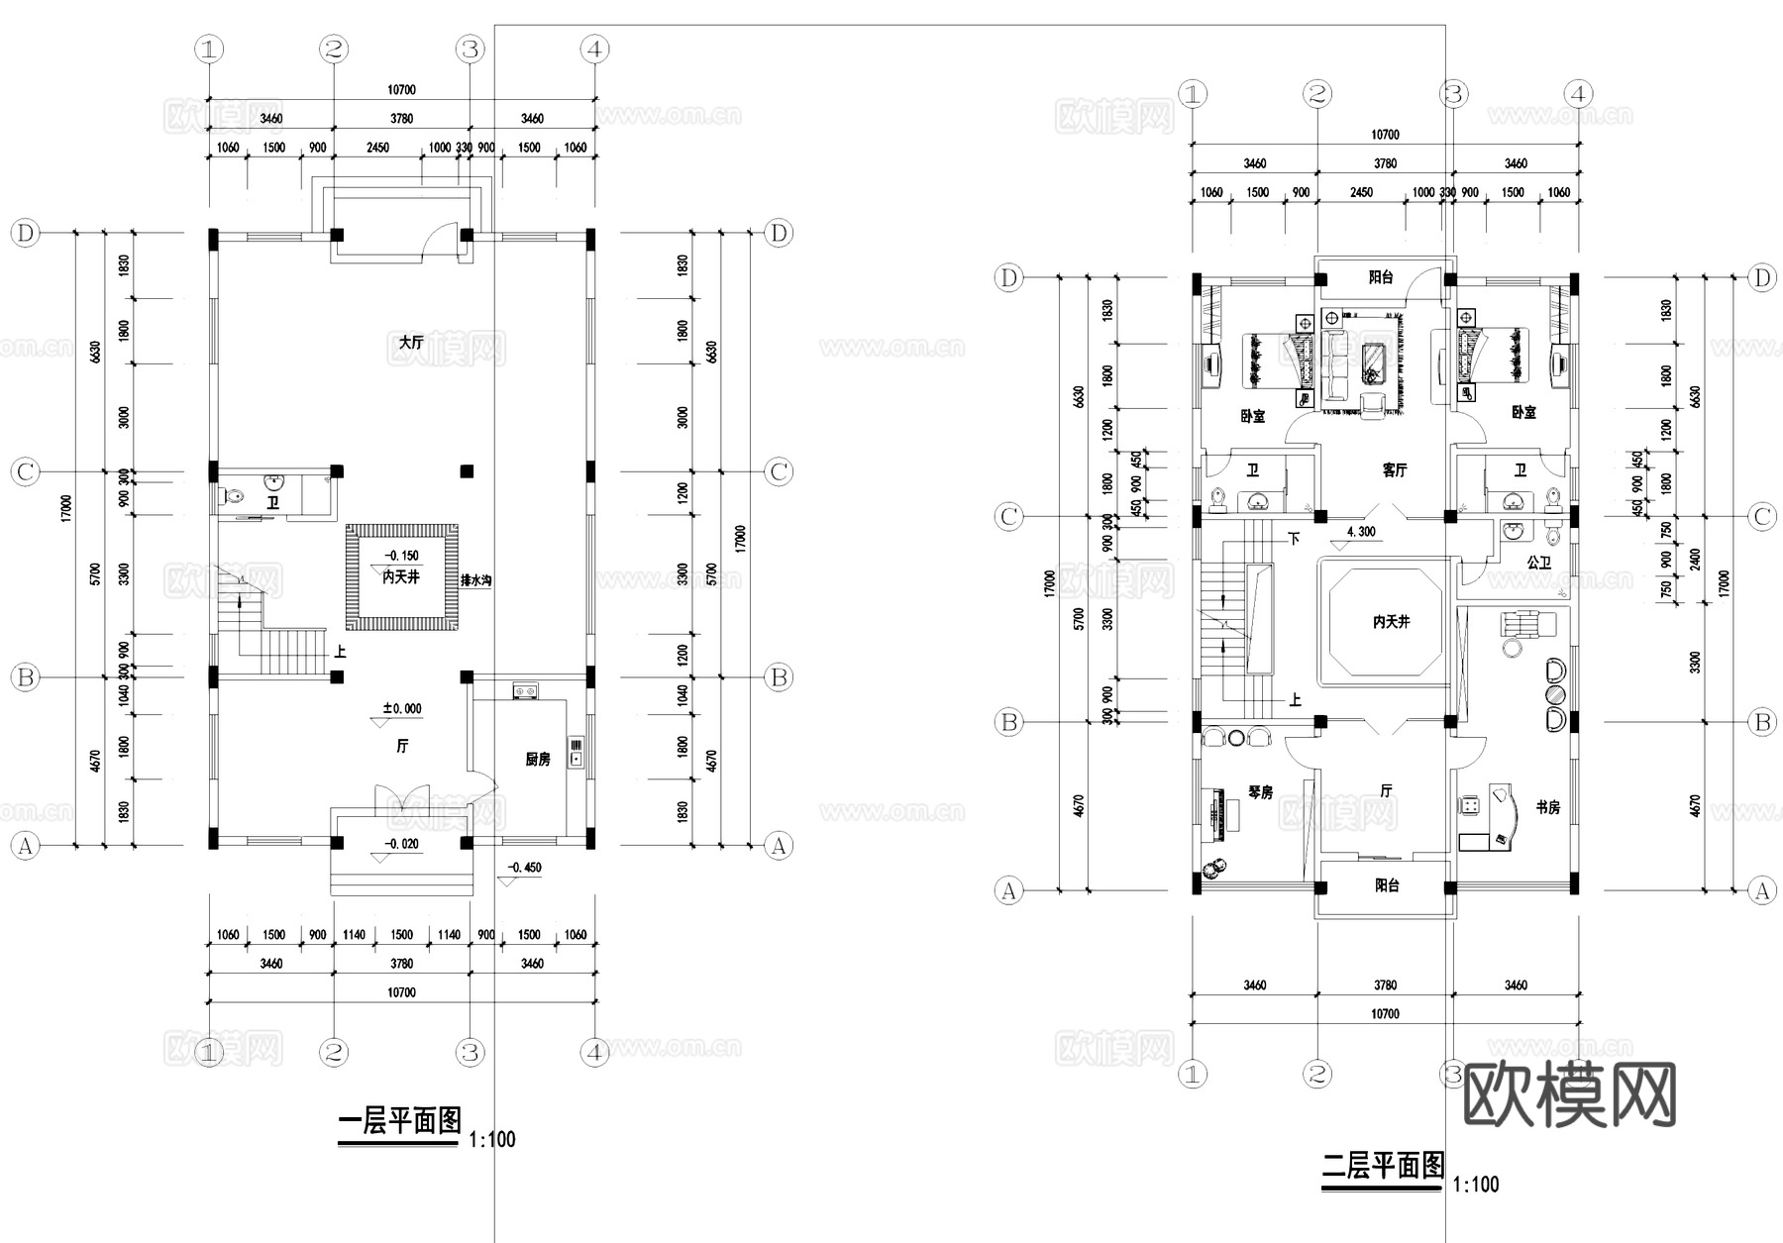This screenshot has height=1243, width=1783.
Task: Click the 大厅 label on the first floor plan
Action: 411,342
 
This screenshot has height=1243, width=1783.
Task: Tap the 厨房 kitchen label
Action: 537,760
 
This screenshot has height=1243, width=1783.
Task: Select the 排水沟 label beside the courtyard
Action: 475,580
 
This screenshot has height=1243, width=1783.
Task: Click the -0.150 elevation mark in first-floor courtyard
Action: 401,556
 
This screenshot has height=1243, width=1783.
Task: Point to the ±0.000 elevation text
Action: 402,708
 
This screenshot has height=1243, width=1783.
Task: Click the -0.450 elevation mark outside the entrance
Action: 524,868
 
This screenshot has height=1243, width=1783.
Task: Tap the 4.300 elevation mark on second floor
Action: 1361,532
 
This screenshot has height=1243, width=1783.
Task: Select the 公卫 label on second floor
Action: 1538,563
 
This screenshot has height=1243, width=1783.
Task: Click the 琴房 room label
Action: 1260,792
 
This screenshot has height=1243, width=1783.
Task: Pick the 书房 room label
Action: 1547,808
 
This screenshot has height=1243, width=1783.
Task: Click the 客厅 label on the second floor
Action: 1394,470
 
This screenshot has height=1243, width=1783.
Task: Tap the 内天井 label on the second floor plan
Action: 1391,622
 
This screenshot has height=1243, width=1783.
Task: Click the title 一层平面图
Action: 400,1121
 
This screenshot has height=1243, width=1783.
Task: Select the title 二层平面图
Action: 1383,1166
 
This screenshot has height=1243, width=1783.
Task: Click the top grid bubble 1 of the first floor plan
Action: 209,49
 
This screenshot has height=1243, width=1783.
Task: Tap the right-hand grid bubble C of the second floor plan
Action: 1761,516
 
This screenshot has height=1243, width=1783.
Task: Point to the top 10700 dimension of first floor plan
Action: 401,89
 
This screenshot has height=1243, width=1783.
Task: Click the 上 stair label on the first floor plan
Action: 340,652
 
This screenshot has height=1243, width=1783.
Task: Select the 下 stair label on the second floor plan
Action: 1294,539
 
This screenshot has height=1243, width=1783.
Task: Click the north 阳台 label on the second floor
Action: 1381,277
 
